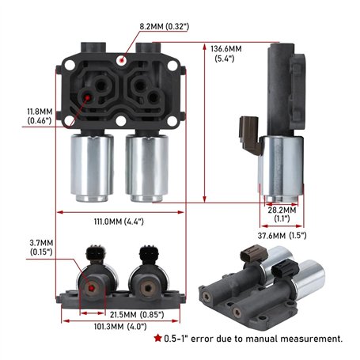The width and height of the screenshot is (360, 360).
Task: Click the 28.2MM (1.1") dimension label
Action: tap(282, 214)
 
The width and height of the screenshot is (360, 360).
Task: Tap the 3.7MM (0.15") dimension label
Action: tap(41, 247)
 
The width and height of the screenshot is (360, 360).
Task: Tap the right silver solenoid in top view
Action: tap(146, 167)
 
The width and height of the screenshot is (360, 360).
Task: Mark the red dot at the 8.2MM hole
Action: tap(120, 59)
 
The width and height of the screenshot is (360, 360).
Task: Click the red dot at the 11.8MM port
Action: tap(87, 97)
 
